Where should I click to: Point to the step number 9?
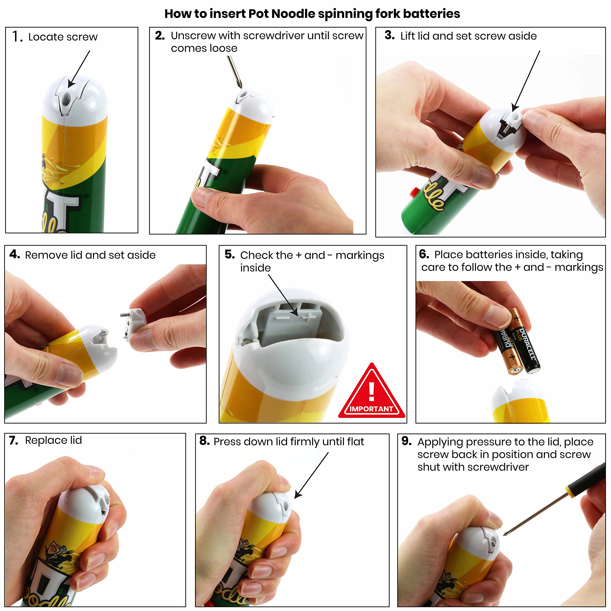pos(406,441)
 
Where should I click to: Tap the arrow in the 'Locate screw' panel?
pos(79,69)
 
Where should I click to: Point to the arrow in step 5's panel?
pos(283,295)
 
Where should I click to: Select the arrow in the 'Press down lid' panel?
pos(311,475)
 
